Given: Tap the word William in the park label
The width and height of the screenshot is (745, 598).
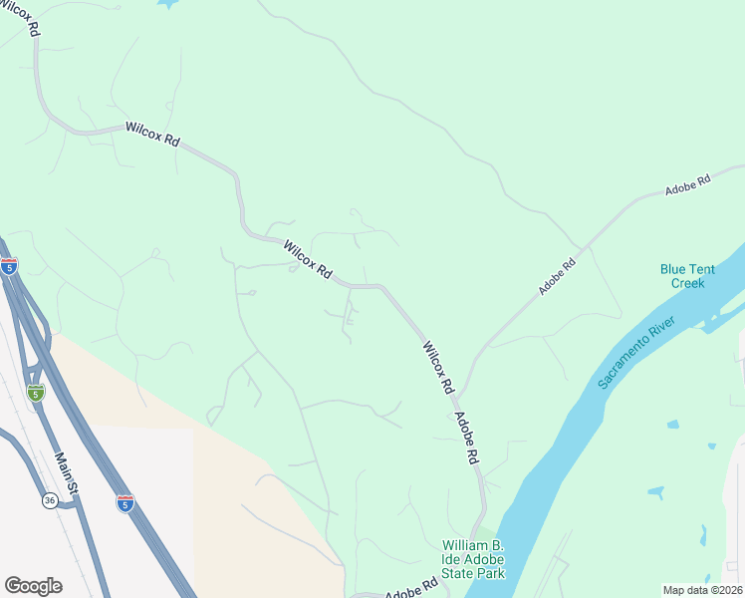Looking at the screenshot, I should [472, 546].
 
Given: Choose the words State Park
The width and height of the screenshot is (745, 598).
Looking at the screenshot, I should [474, 573].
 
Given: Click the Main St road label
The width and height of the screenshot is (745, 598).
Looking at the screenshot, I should [66, 472].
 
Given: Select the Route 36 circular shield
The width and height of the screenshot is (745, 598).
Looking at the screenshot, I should [50, 501].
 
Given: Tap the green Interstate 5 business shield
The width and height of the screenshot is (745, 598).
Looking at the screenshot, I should [36, 392].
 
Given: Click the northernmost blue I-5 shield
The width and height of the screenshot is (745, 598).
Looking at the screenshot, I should [9, 266].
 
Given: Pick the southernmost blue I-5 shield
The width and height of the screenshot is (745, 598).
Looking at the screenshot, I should [124, 503].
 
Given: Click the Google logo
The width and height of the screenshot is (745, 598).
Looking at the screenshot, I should [33, 586].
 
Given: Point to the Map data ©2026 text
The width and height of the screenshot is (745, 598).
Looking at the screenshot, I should [701, 590].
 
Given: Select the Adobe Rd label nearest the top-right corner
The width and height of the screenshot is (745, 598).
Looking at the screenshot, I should [688, 185].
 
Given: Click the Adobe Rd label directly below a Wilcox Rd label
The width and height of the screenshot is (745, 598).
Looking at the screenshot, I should [467, 439].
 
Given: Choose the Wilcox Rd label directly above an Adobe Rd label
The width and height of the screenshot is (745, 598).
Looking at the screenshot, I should [438, 367].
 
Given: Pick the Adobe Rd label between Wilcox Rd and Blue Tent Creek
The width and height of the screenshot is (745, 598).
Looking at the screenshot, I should [558, 277].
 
